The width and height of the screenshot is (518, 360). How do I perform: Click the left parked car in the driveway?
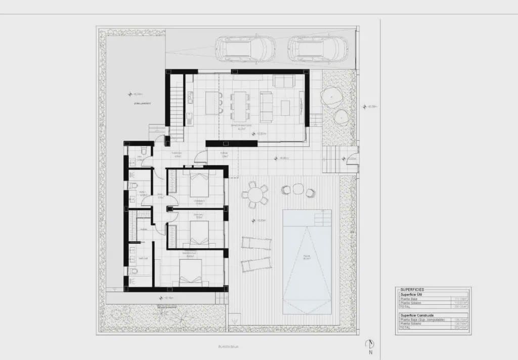tap(245, 49)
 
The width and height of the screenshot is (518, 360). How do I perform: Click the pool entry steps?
tap(322, 218)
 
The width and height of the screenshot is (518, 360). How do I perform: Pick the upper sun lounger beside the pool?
tap(255, 243)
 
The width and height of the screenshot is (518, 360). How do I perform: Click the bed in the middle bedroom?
tap(199, 232)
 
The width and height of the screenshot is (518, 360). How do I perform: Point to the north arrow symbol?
tap(370, 345)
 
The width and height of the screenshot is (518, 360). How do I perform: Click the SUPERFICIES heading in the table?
tap(412, 290)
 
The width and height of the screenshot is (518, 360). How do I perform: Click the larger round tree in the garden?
tap(331, 96)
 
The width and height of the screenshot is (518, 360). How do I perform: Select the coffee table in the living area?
tap(285, 107)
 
